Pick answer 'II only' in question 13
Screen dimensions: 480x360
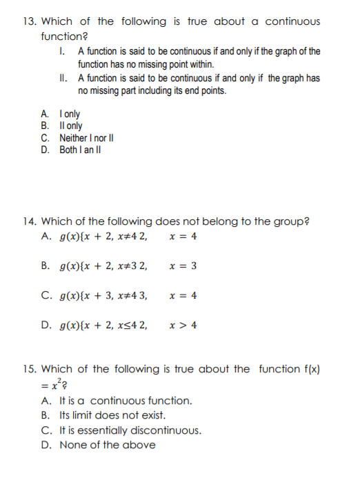click(x=71, y=126)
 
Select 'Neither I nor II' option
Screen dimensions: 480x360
click(x=86, y=137)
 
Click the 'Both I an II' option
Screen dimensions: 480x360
click(x=82, y=148)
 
